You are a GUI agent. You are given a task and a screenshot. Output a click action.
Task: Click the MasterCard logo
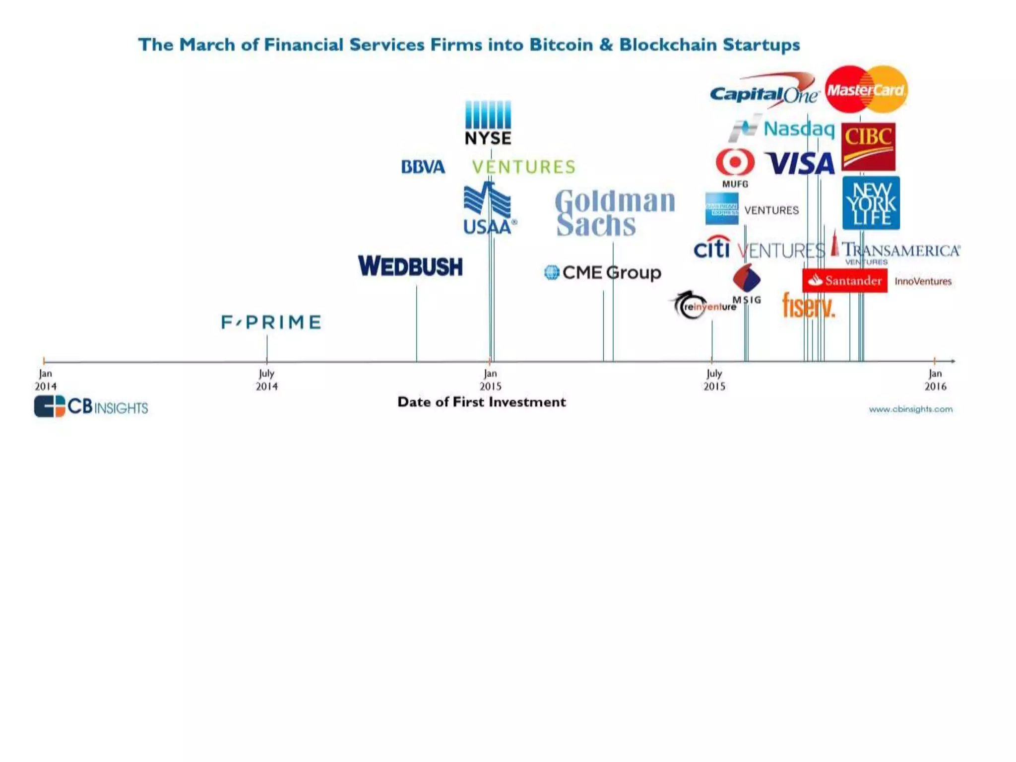(x=866, y=90)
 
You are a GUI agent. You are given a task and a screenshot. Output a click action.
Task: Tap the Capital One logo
(x=764, y=92)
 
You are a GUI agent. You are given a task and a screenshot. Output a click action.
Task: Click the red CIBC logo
(x=868, y=146)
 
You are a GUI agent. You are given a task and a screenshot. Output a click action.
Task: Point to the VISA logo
(x=800, y=163)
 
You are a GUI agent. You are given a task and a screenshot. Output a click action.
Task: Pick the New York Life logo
(x=871, y=203)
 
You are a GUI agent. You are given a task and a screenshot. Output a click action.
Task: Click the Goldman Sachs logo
(x=615, y=212)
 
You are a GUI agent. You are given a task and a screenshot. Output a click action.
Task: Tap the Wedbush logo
(x=410, y=266)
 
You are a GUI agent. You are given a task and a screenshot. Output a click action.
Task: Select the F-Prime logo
(x=271, y=322)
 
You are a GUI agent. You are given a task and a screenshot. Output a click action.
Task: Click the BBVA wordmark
(x=423, y=167)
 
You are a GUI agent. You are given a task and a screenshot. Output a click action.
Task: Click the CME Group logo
(x=603, y=272)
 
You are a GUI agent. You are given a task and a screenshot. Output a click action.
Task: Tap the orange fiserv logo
(x=808, y=305)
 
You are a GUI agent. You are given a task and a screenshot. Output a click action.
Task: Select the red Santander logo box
(x=844, y=281)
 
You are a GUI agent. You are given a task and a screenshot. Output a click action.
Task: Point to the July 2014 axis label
(x=266, y=380)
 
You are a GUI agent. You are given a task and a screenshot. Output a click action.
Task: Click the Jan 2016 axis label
(x=935, y=380)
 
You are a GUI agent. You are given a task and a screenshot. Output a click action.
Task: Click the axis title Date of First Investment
(x=481, y=402)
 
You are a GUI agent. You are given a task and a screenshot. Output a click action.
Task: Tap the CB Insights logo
(x=91, y=407)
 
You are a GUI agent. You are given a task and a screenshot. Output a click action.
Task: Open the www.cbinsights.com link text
(x=910, y=409)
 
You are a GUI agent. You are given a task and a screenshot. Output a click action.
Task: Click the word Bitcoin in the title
(x=561, y=45)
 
